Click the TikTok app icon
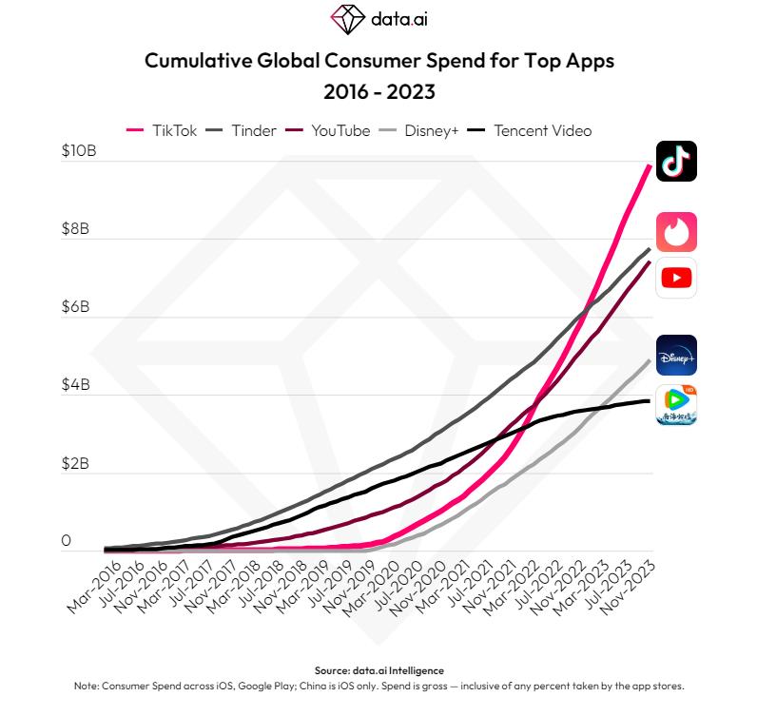pos(676,161)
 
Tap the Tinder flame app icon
pos(676,232)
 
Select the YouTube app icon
pos(676,278)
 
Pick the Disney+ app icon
pos(676,356)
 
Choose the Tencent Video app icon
pos(676,405)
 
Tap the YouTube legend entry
pos(329,130)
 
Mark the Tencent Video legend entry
pos(531,130)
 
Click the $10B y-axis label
pos(79,151)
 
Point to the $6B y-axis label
pos(79,307)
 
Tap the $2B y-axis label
pos(79,464)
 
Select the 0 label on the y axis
pos(67,541)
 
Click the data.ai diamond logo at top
pos(347,18)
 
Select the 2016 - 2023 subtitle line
pos(378,93)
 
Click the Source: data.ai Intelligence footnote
pos(378,670)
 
